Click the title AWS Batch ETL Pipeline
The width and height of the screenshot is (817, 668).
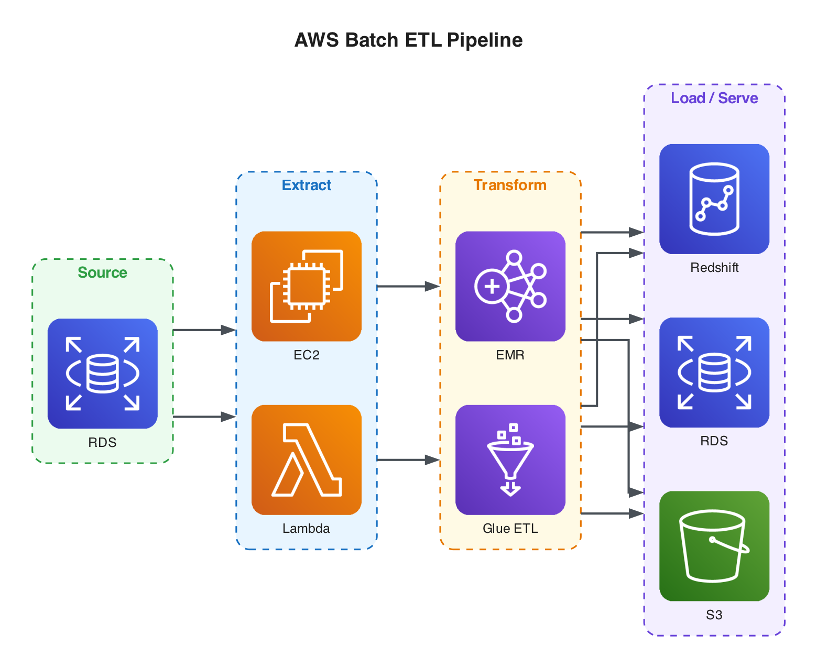point(408,40)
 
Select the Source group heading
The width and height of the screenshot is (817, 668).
point(102,272)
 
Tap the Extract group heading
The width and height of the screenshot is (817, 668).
point(307,185)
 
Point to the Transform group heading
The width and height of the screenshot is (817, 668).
point(510,185)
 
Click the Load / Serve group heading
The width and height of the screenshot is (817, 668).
point(714,98)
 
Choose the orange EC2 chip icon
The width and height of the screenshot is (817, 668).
point(307,286)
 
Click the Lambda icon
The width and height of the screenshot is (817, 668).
point(307,459)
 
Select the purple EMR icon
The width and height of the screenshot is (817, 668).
point(510,286)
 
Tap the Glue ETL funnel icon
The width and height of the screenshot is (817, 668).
point(510,459)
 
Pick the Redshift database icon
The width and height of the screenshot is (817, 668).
point(714,199)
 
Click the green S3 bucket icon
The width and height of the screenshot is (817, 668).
point(714,546)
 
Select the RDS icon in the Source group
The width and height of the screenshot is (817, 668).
point(102,374)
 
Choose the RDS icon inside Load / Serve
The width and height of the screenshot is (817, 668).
point(714,373)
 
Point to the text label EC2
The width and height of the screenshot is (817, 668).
point(307,355)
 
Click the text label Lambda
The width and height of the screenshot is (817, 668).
point(307,529)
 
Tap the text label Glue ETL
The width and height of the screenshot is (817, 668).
point(510,529)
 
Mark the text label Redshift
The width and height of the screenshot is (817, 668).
point(714,268)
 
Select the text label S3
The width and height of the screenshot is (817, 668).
point(714,615)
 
